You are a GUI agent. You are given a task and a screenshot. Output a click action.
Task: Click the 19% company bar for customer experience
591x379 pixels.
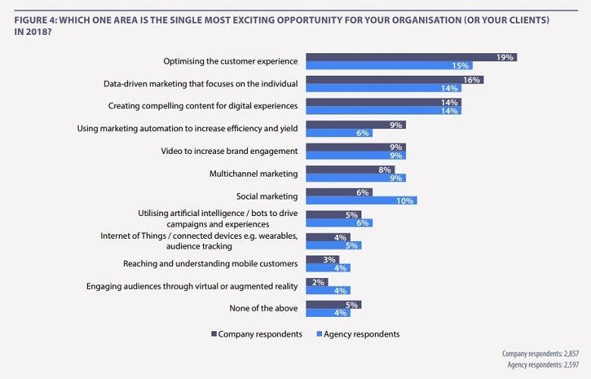click(x=409, y=57)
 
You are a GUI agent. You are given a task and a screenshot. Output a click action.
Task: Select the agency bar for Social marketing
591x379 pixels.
click(x=361, y=201)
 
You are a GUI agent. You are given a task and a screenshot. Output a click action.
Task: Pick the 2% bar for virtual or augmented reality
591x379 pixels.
click(x=316, y=282)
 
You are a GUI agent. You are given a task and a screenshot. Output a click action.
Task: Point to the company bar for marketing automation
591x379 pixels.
click(x=355, y=124)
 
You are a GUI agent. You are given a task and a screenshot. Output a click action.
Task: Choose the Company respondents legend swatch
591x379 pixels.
click(x=213, y=334)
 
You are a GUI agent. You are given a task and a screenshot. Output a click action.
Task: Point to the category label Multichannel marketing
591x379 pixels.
click(x=253, y=174)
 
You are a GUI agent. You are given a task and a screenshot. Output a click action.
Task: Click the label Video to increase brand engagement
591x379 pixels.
click(x=229, y=151)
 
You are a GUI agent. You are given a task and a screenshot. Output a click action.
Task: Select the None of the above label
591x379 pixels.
click(x=263, y=309)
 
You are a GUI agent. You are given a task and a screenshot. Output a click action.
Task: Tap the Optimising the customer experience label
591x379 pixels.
click(x=230, y=61)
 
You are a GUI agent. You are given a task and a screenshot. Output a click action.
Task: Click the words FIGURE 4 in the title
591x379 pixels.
click(x=36, y=17)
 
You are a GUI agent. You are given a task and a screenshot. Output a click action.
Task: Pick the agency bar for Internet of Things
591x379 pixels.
click(x=333, y=246)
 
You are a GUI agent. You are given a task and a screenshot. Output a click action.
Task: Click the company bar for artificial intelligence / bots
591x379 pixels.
click(x=333, y=215)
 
